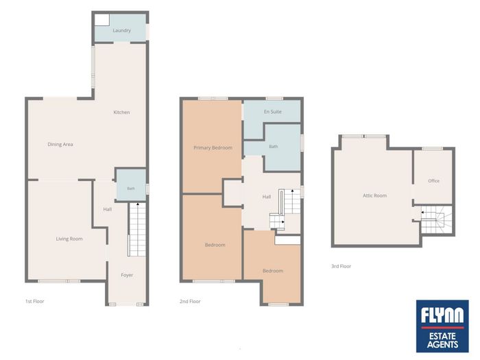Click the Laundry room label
121,30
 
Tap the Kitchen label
121,112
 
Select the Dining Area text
60,145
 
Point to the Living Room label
69,239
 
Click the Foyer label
127,275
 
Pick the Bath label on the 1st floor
131,189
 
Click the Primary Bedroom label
213,148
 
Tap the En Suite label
273,112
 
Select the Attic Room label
374,195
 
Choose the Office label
434,181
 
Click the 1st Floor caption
34,301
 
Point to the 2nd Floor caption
190,301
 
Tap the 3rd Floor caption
341,266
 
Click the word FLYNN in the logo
442,315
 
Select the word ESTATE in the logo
442,337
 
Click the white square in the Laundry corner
101,20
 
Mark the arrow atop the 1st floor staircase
137,204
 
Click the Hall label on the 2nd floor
267,197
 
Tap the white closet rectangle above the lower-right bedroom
287,240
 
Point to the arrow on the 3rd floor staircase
422,212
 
